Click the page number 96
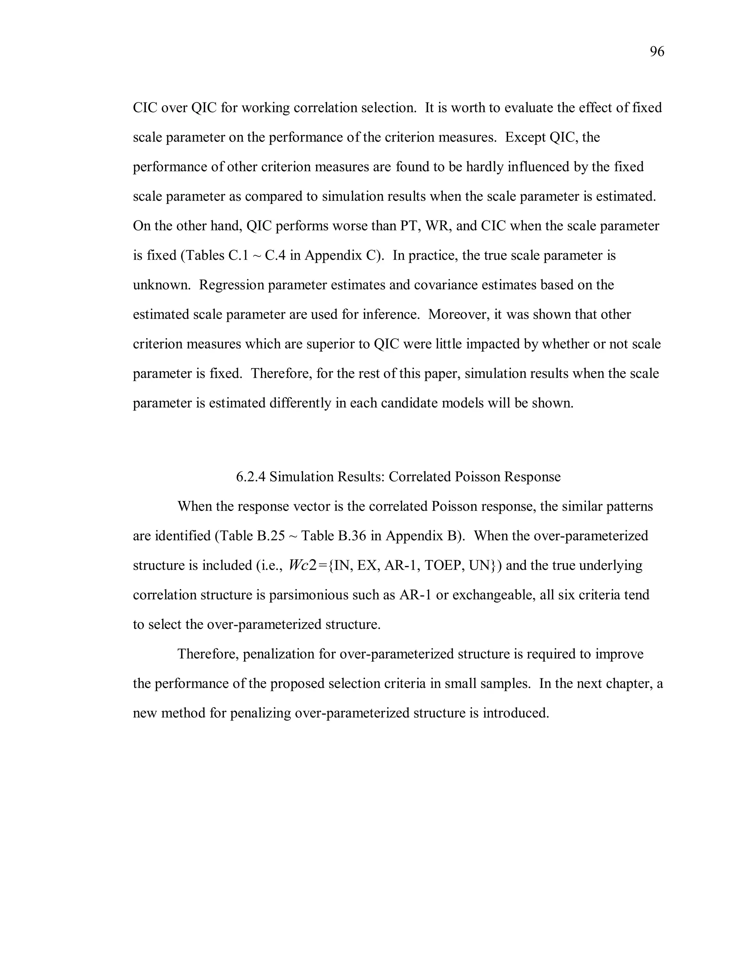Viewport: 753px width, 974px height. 657,52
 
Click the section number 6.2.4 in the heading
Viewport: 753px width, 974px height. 251,477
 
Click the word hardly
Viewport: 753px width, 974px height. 486,167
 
